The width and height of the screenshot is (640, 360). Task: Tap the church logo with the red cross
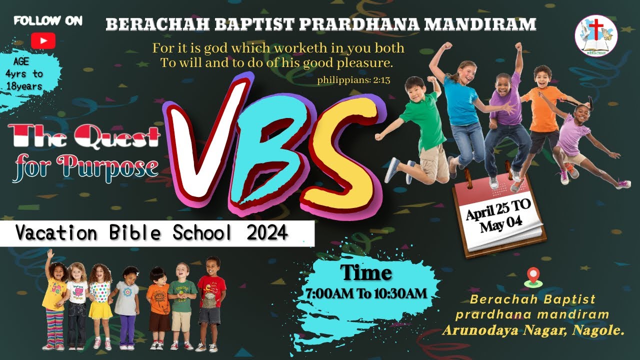coord(595,35)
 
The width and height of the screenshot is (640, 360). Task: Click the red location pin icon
coord(533,276)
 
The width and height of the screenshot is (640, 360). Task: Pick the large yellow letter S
coord(345,150)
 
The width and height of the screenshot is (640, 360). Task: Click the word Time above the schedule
coord(366,273)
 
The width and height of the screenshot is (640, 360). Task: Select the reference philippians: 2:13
coord(353,79)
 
